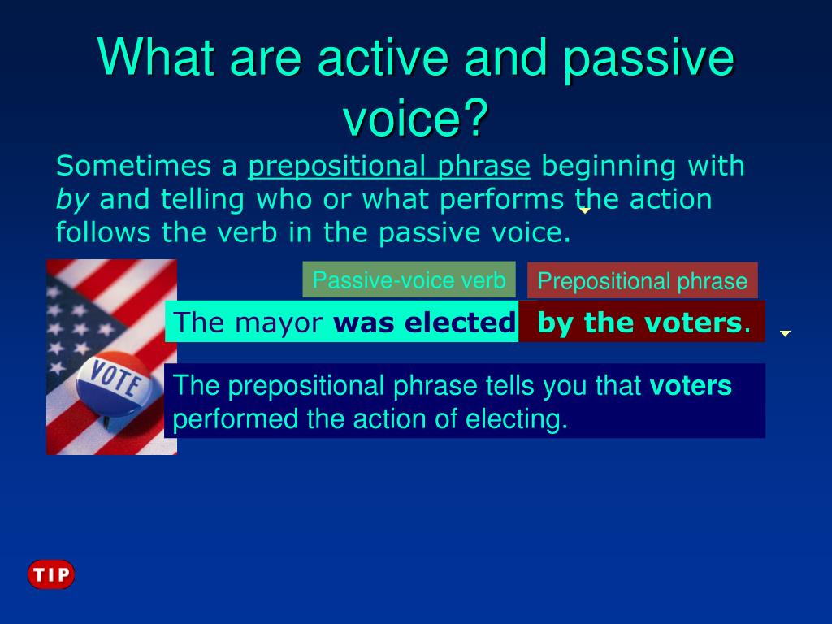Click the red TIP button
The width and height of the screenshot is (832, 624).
51,574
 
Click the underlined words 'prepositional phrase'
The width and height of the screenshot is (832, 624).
389,166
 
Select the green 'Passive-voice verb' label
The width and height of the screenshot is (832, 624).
409,279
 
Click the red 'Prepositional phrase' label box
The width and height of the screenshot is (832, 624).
643,280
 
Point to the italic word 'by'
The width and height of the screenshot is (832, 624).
72,200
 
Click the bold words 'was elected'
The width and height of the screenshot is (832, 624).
424,322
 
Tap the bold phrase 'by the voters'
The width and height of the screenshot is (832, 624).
639,322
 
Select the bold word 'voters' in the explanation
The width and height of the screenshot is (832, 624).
691,386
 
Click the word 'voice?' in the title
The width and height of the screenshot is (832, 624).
415,117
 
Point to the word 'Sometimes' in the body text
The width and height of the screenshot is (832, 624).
133,166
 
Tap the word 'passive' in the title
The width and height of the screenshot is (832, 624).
648,58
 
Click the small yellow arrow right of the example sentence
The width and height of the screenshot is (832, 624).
786,333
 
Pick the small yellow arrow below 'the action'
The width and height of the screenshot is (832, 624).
584,210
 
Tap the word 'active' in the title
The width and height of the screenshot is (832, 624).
383,58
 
